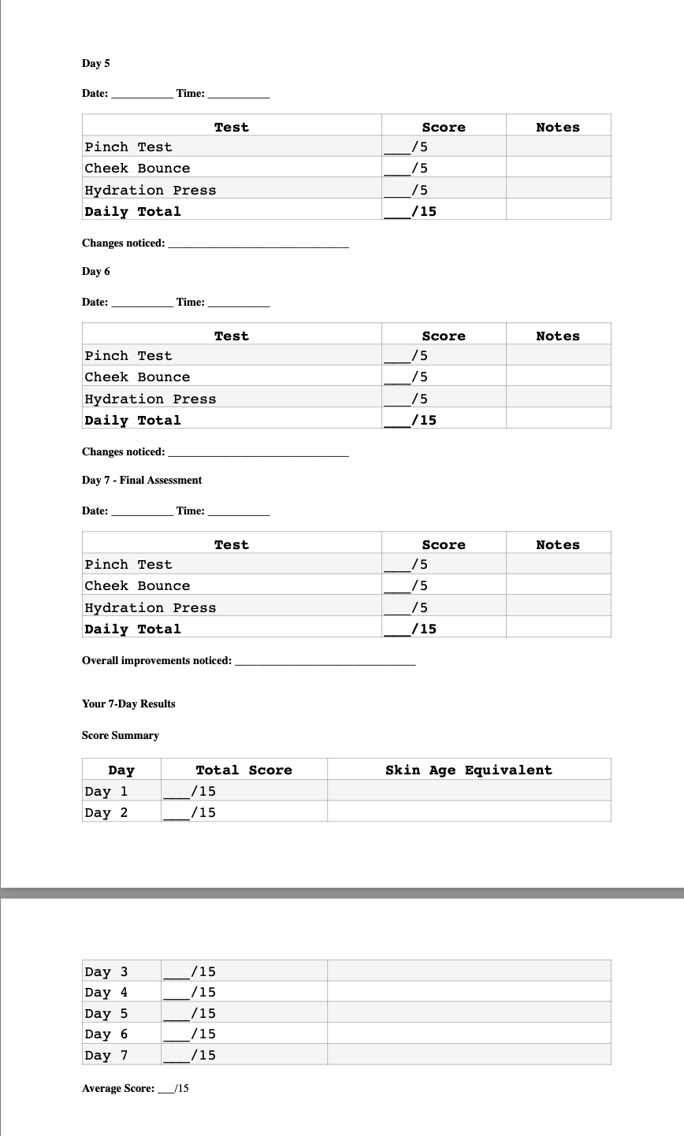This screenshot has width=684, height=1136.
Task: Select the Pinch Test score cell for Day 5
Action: (x=444, y=147)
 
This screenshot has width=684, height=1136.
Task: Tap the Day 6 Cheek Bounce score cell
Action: (x=444, y=377)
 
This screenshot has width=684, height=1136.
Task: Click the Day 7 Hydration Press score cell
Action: (x=444, y=607)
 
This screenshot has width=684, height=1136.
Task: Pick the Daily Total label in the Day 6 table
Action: (x=132, y=421)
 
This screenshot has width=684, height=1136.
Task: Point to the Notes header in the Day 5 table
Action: (x=557, y=128)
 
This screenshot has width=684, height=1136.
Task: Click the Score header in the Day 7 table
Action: (x=444, y=545)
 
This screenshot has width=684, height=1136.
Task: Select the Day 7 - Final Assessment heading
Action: (x=142, y=481)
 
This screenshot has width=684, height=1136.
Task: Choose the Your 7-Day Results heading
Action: (x=128, y=704)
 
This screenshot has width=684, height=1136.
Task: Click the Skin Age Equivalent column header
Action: (x=469, y=770)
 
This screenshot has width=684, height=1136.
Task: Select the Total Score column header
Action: (x=243, y=770)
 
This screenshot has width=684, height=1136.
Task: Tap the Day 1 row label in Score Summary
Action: (x=106, y=791)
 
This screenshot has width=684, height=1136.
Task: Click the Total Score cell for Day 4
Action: (x=243, y=993)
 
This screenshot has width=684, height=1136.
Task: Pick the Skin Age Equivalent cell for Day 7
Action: (x=469, y=1055)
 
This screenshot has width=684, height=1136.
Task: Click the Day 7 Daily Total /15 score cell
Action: (x=444, y=629)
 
